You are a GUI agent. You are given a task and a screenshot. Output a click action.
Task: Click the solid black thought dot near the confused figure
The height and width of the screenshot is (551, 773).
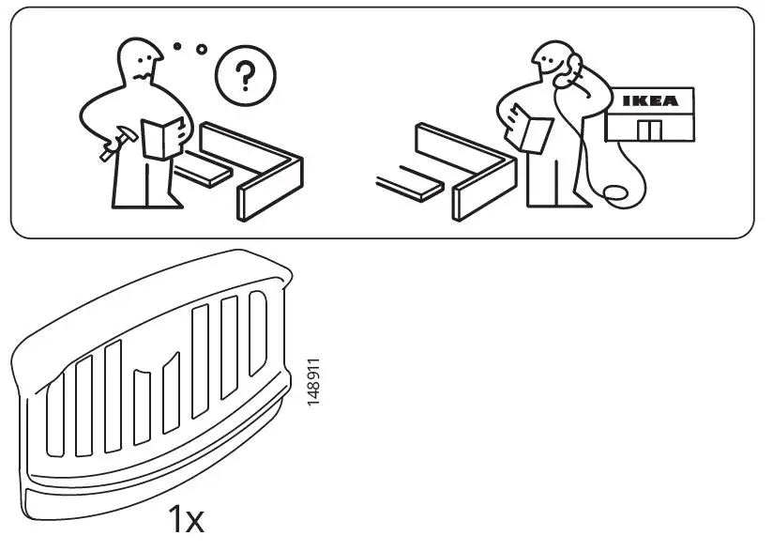pyautogui.click(x=176, y=45)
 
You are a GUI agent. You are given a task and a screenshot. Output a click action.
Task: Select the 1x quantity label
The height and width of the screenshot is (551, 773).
pyautogui.click(x=186, y=519)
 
